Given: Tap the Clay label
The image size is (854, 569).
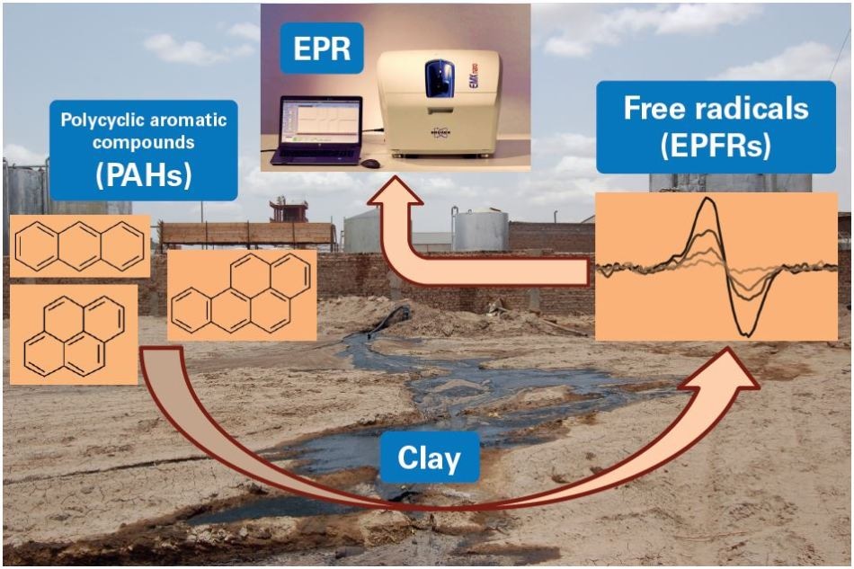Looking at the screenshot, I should point(428,458).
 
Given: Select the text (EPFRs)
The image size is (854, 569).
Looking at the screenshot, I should point(716,143).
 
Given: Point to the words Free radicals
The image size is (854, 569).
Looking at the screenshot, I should point(716,108).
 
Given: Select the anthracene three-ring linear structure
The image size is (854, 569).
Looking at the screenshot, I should point(79,245).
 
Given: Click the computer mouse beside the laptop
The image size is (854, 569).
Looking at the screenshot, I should point(370,164).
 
